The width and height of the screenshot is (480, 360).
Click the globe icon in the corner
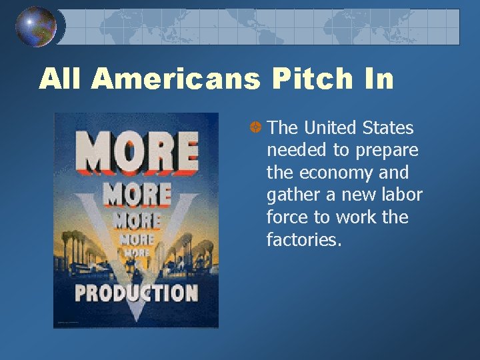click(35, 27)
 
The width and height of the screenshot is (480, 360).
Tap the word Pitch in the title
click(312, 79)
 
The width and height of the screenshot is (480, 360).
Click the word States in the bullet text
click(390, 127)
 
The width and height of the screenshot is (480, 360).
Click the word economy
click(339, 173)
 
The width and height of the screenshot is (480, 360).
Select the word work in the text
click(357, 217)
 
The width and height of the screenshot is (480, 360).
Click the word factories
click(304, 240)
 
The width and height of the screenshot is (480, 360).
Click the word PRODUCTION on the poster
click(136, 293)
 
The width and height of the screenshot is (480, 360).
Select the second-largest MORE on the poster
click(136, 195)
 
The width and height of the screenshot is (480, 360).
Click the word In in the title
click(377, 79)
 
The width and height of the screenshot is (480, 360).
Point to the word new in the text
click(353, 195)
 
